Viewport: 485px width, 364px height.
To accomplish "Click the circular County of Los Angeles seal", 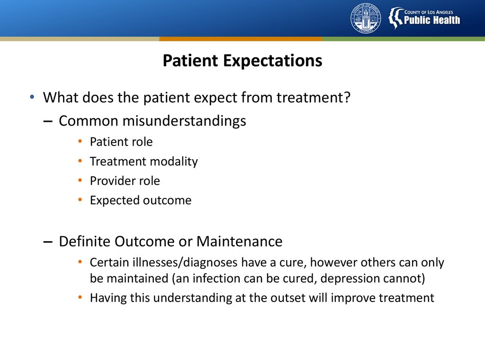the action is click(366, 18).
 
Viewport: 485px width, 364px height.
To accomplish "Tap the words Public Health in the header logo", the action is click(432, 20).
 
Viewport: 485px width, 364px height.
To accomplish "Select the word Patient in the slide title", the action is click(190, 60).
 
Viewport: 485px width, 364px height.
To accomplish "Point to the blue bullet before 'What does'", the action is click(32, 97).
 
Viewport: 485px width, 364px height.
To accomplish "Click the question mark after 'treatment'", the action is click(347, 97).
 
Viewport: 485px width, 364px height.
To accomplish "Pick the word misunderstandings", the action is click(184, 121).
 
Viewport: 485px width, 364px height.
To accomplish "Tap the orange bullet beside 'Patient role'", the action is click(80, 142).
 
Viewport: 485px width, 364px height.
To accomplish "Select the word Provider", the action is click(114, 181).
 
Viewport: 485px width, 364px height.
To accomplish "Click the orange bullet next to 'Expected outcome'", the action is click(80, 200).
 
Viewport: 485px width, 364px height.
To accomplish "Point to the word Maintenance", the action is click(239, 241).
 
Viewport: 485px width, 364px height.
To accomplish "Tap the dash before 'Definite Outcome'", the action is click(48, 242).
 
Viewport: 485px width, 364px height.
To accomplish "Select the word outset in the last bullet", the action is click(288, 298).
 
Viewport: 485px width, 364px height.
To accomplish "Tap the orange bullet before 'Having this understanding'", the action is click(80, 298).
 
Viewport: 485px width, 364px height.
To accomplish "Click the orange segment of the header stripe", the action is click(241, 39).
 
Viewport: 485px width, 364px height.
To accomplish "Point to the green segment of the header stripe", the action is click(404, 39).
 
